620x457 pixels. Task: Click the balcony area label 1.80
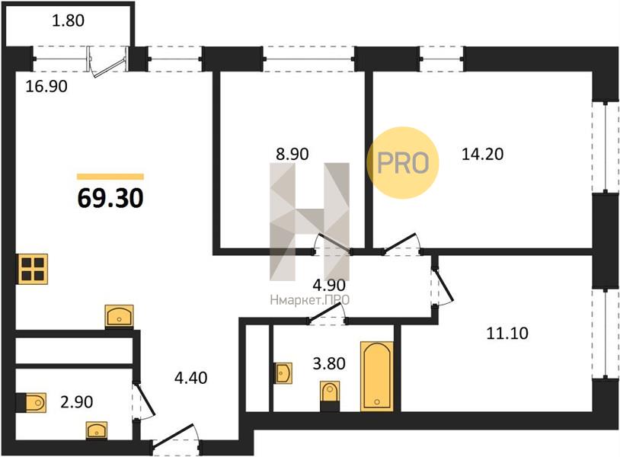pyautogui.click(x=69, y=21)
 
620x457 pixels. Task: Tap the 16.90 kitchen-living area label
pyautogui.click(x=46, y=86)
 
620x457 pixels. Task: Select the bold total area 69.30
pyautogui.click(x=110, y=198)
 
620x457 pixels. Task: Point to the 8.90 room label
pyautogui.click(x=292, y=154)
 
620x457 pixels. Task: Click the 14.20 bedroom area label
pyautogui.click(x=483, y=154)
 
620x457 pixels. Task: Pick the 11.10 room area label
pyautogui.click(x=507, y=334)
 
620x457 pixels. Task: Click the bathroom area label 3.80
pyautogui.click(x=329, y=363)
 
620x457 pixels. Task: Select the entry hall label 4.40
pyautogui.click(x=191, y=378)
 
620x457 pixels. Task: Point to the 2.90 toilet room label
pyautogui.click(x=77, y=402)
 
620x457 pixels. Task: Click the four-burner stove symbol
pyautogui.click(x=33, y=269)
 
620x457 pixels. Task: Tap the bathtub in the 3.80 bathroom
pyautogui.click(x=377, y=376)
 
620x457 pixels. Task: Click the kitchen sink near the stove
pyautogui.click(x=119, y=316)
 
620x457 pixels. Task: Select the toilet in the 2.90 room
pyautogui.click(x=32, y=403)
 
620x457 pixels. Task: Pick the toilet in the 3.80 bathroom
pyautogui.click(x=330, y=396)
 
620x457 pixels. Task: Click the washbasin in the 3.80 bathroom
pyautogui.click(x=284, y=373)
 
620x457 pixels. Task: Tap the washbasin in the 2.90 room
pyautogui.click(x=97, y=430)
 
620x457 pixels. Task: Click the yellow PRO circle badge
pyautogui.click(x=403, y=162)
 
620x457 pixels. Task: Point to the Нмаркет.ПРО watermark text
pyautogui.click(x=310, y=300)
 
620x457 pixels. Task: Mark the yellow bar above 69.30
pyautogui.click(x=110, y=177)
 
